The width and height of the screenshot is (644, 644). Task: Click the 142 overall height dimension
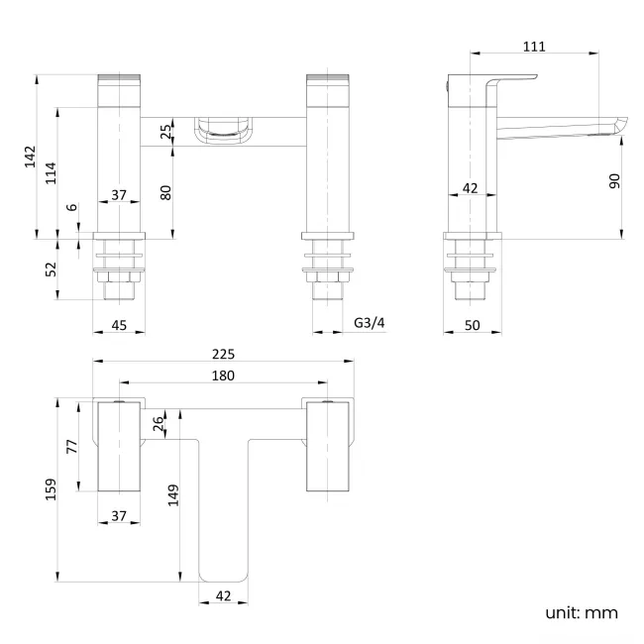click(30, 157)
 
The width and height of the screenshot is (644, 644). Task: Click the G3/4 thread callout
click(370, 322)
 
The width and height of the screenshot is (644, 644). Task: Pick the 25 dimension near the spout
click(166, 131)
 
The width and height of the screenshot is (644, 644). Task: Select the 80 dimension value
click(166, 193)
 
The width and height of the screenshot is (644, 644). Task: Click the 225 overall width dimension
click(223, 353)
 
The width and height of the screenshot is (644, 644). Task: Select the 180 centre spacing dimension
click(223, 376)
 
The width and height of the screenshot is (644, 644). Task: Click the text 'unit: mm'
click(581, 612)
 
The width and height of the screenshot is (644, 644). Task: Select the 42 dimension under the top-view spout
click(223, 596)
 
